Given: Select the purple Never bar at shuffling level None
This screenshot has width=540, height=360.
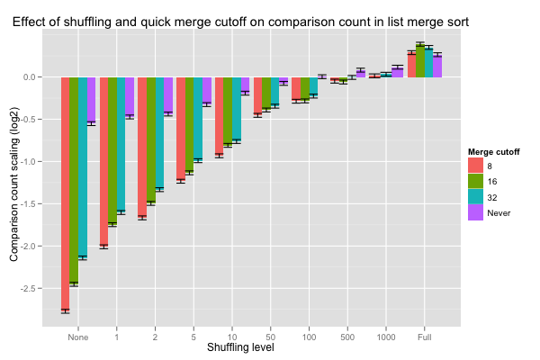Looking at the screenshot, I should [92, 100].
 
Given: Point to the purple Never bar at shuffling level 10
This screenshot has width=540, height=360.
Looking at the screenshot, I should [245, 85].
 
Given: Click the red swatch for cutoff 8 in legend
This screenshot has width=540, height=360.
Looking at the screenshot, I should [475, 166].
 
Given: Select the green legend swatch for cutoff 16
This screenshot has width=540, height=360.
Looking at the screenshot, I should [475, 181].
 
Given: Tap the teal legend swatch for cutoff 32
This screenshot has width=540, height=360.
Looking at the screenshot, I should [475, 197].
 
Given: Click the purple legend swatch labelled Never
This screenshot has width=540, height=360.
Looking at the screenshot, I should [475, 212].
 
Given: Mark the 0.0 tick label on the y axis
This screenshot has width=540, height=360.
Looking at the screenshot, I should [31, 77].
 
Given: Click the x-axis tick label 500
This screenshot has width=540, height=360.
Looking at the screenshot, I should [347, 337].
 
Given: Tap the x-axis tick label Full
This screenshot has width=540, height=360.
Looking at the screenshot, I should [425, 337].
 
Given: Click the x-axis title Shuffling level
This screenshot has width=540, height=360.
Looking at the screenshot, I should [240, 347].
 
